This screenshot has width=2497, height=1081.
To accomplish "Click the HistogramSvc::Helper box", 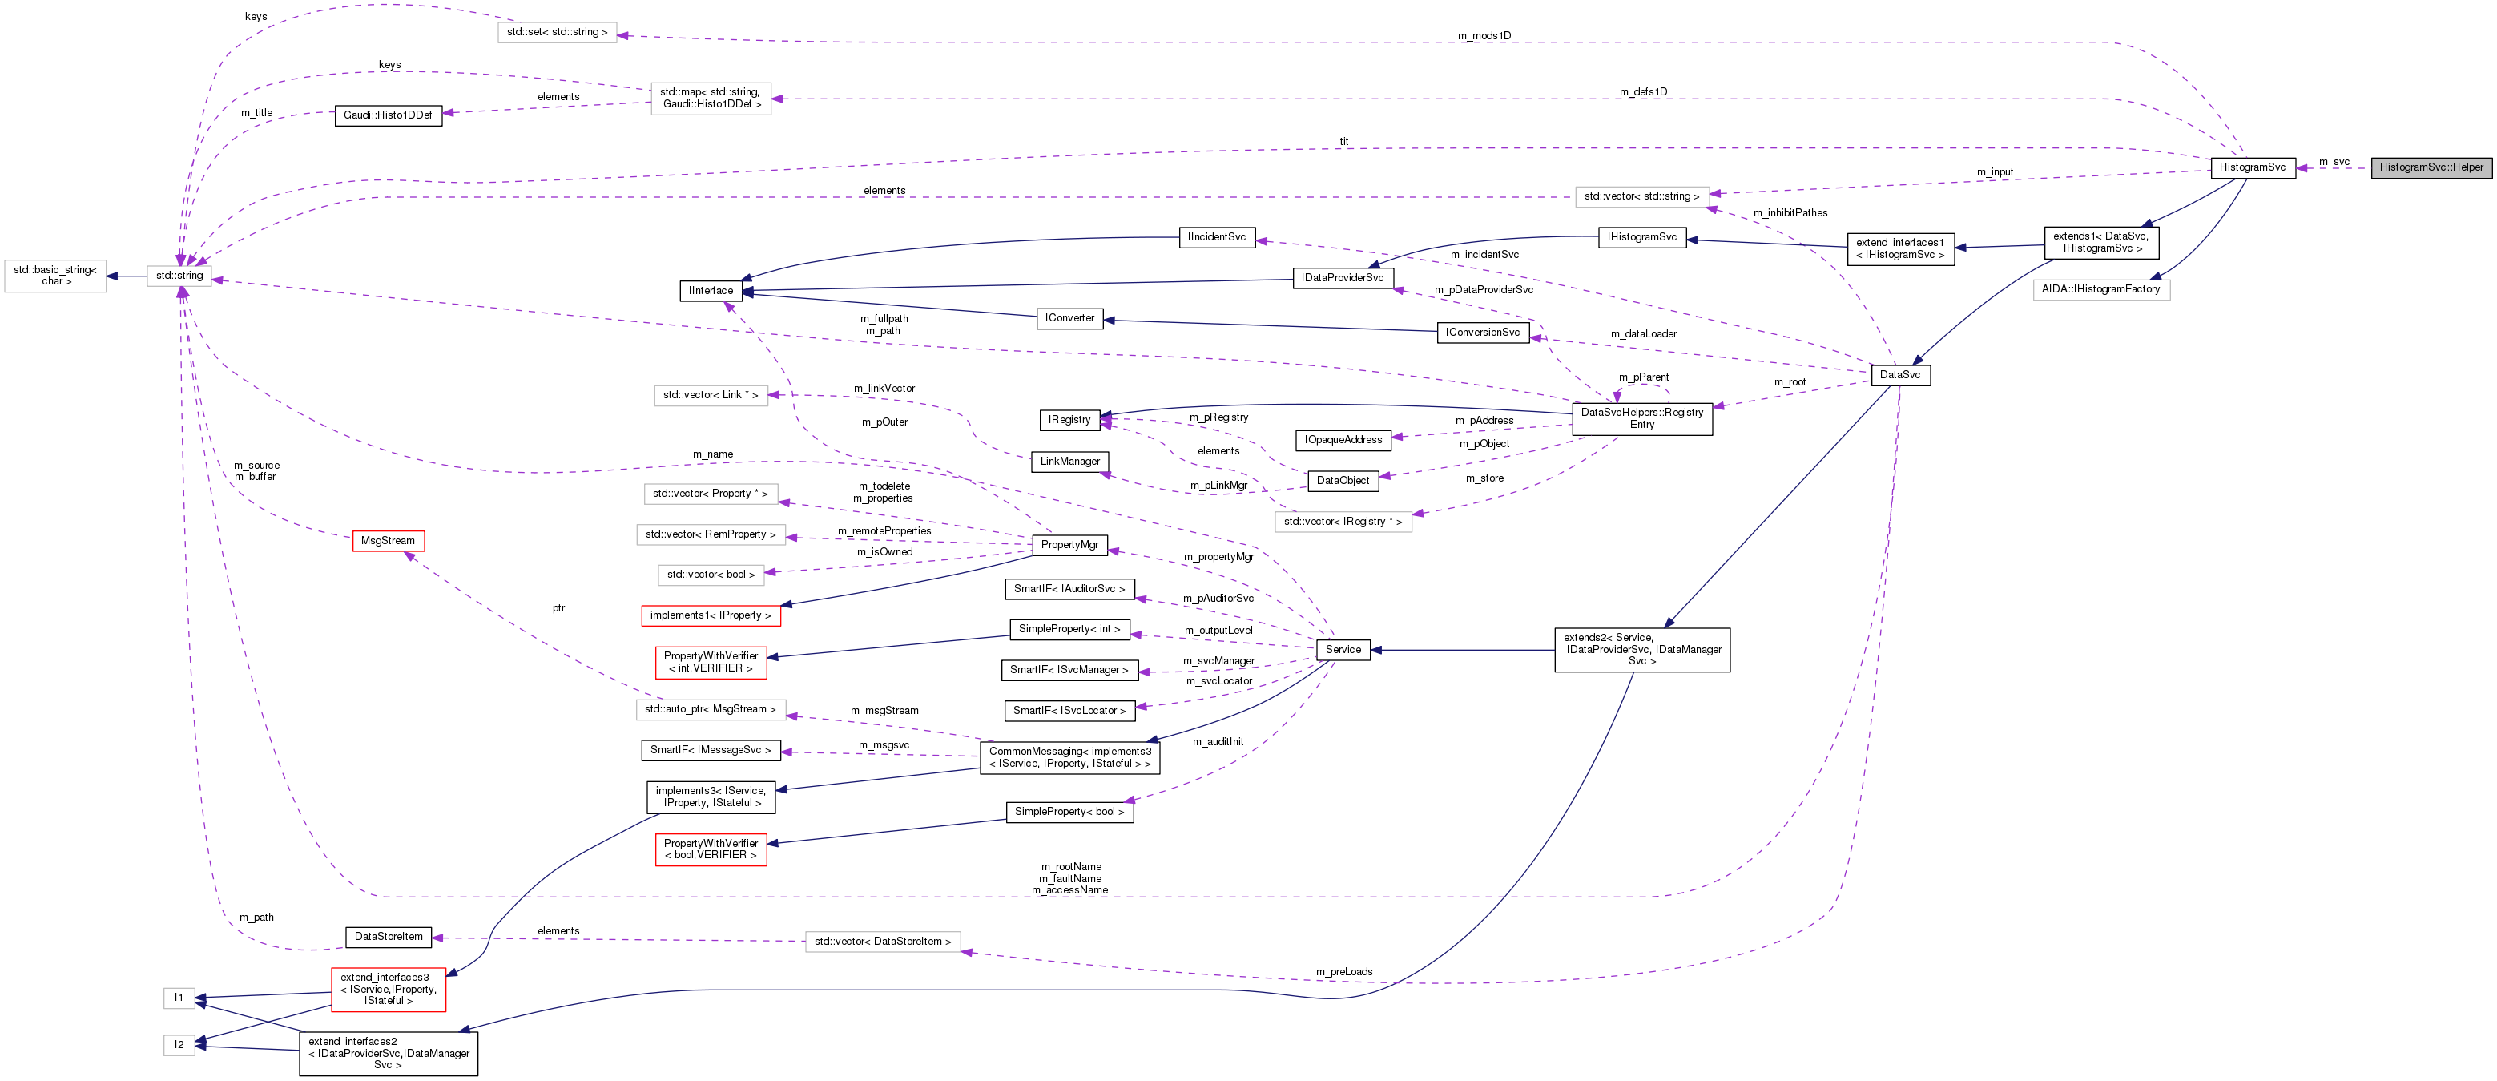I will click(2431, 167).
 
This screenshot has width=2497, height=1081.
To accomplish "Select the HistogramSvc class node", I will click(2252, 167).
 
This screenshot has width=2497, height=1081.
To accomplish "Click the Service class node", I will click(1343, 650).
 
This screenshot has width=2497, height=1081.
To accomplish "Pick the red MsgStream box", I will click(388, 541).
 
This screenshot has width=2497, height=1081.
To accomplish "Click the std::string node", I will click(179, 276).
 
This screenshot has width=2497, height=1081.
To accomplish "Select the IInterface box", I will click(711, 291).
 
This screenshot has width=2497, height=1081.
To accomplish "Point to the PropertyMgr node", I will click(1069, 545).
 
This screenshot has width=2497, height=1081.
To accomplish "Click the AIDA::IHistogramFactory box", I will click(2100, 290).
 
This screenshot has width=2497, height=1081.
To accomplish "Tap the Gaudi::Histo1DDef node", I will click(388, 115).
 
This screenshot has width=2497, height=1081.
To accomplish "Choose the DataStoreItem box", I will click(389, 938).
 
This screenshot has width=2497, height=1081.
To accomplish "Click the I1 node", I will click(179, 998).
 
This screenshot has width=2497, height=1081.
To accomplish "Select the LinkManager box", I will click(1069, 462).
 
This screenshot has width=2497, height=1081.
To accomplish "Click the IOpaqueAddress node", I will click(1343, 440).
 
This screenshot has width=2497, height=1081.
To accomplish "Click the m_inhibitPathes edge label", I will click(1790, 213).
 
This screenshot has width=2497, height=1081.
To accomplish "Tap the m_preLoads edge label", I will click(1343, 972).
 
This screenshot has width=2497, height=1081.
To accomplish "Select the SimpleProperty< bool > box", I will click(1069, 813).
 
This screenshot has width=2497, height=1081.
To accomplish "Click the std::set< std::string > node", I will click(557, 33).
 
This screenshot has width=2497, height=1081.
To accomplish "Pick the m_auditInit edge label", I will click(1218, 743).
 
